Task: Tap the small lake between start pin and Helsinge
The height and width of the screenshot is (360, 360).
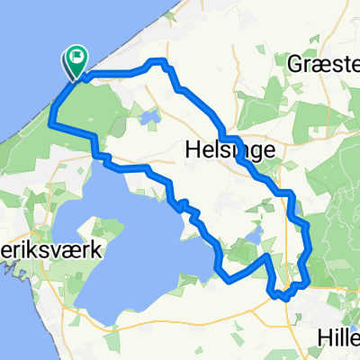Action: click(x=149, y=116)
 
